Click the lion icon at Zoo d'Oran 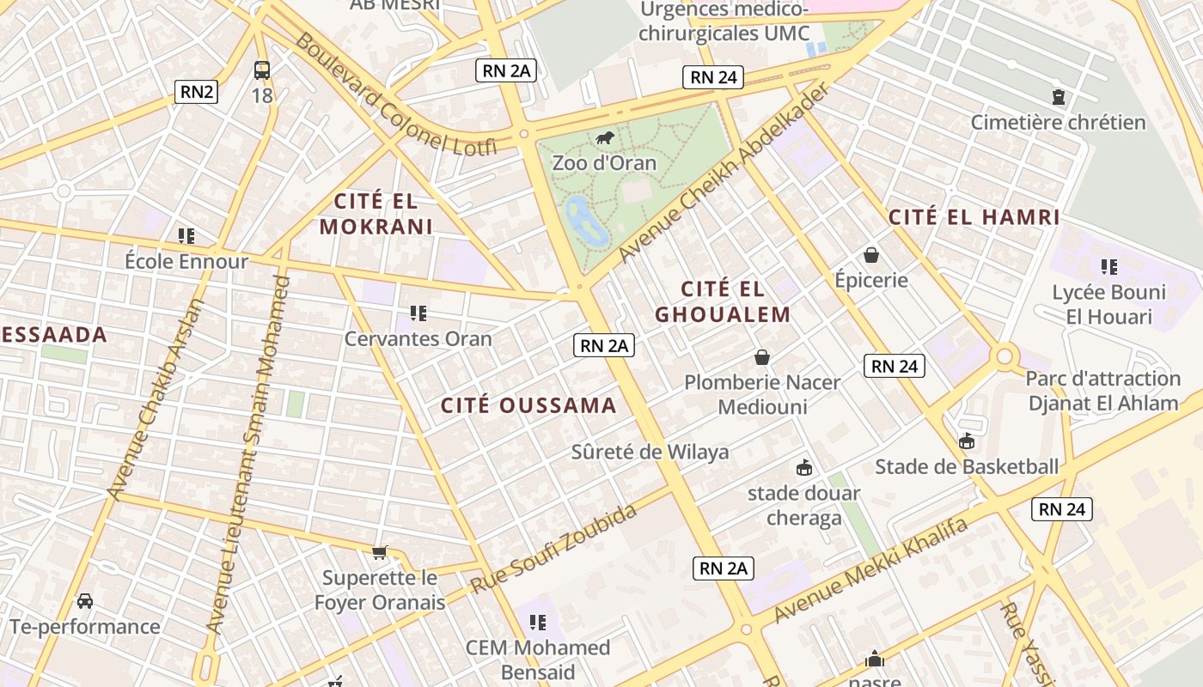tap(604, 138)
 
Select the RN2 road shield tap(196, 91)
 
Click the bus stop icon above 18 tap(262, 70)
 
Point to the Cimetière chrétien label tap(1058, 122)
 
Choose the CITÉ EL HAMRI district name tap(974, 217)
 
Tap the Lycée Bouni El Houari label tap(1108, 304)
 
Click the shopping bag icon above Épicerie tap(871, 255)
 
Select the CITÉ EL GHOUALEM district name tap(723, 301)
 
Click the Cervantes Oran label tap(418, 338)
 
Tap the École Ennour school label tap(186, 261)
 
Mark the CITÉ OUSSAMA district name tap(528, 405)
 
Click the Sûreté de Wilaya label tap(650, 452)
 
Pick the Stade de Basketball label tap(967, 466)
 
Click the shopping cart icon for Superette tap(379, 552)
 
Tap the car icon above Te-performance tap(85, 600)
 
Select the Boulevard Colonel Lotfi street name tap(394, 96)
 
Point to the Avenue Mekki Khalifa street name tap(870, 570)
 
